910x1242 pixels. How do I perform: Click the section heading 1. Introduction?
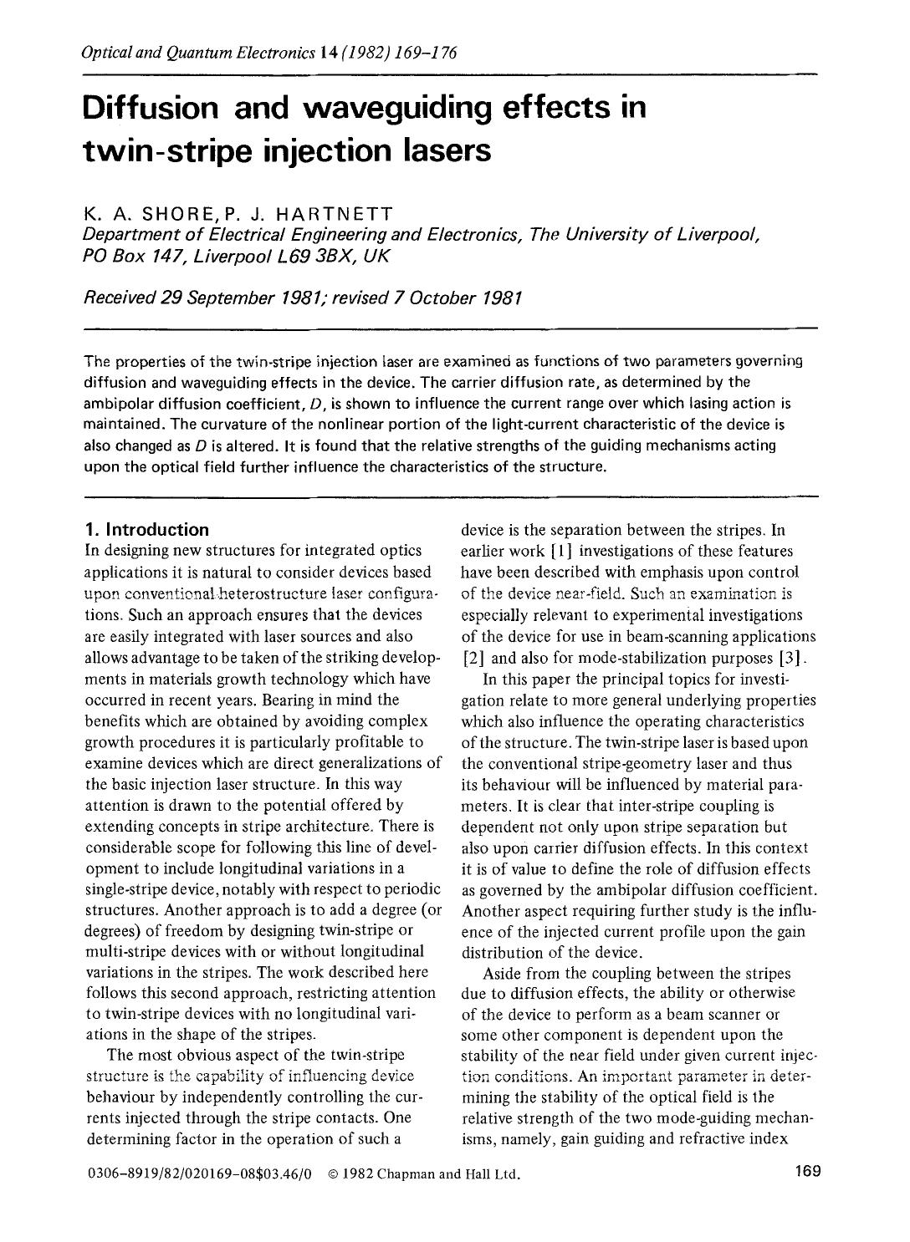[x=147, y=530]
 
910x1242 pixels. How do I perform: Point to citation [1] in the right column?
[x=560, y=552]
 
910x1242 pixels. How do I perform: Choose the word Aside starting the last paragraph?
[x=501, y=973]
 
